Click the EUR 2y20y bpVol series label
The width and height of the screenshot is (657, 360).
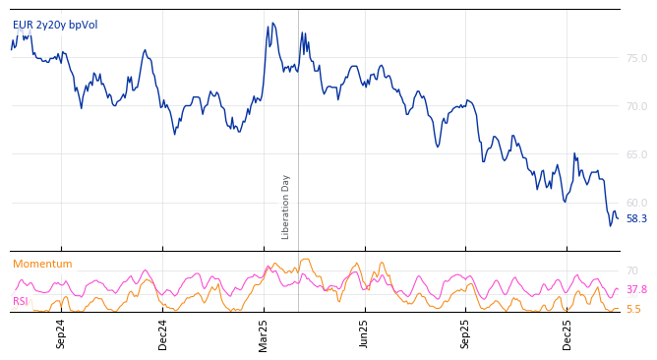point(55,26)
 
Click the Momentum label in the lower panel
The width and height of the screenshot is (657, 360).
point(42,265)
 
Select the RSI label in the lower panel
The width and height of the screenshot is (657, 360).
point(21,302)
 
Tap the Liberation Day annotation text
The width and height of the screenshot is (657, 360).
point(286,207)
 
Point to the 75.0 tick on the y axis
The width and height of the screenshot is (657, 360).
point(636,59)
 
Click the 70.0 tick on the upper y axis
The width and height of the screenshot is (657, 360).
point(636,107)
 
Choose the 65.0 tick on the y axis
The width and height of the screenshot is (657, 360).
point(636,155)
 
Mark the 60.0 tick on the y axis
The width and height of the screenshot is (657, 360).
point(636,204)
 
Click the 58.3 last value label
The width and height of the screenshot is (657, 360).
point(636,219)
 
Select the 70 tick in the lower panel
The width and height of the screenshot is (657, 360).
point(632,270)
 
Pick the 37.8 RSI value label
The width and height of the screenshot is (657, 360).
point(636,290)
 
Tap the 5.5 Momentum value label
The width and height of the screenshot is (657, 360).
point(633,310)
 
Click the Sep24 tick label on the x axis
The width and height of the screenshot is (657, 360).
point(61,333)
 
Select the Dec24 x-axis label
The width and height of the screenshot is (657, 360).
point(163,333)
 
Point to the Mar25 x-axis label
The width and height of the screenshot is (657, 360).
point(264,333)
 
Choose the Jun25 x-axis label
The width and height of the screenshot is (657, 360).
point(364,333)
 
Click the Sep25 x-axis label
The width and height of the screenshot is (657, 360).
point(465,333)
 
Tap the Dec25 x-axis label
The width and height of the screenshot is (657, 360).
point(567,333)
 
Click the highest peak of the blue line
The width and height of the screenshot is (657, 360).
point(272,23)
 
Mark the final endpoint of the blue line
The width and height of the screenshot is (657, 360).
point(618,217)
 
